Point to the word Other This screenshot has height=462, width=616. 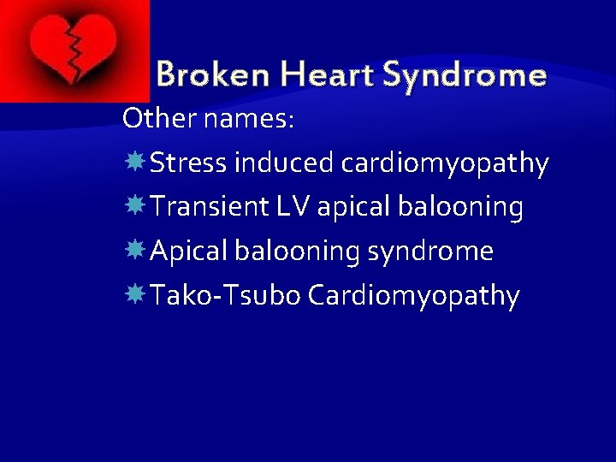(160, 118)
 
